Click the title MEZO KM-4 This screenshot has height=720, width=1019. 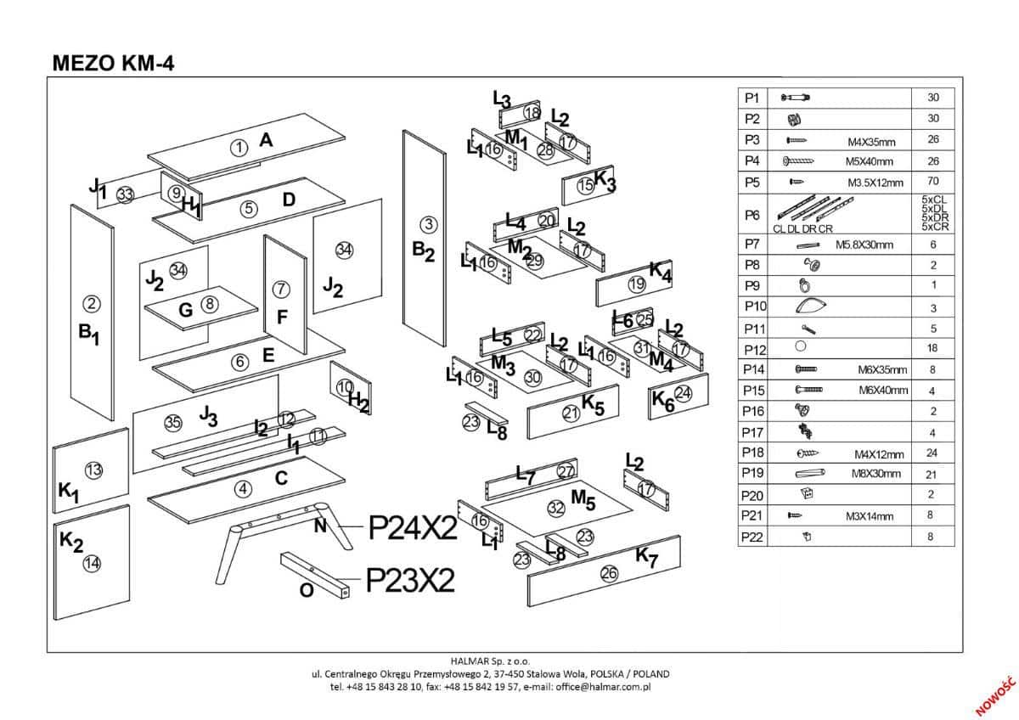(x=113, y=63)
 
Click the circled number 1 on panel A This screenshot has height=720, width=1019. (x=239, y=148)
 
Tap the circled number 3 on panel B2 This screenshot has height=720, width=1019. (x=429, y=224)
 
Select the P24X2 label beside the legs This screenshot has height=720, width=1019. (x=413, y=528)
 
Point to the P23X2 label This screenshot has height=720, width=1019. (x=410, y=581)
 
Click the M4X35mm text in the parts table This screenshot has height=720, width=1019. (x=871, y=143)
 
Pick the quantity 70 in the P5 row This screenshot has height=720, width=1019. (x=933, y=181)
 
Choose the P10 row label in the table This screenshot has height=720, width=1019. (x=755, y=307)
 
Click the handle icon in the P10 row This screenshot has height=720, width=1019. (x=811, y=307)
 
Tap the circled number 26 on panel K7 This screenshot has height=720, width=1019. (x=609, y=574)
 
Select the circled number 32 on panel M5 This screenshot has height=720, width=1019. (x=556, y=508)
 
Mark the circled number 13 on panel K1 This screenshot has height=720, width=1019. (x=94, y=470)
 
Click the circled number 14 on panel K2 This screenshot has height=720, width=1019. (x=92, y=564)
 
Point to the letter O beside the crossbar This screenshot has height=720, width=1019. (x=307, y=590)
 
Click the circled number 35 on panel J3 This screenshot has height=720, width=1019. (x=173, y=423)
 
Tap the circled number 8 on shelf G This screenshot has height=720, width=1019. (x=210, y=303)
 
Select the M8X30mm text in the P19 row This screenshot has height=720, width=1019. (x=875, y=474)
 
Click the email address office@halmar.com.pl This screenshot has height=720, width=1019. (x=603, y=687)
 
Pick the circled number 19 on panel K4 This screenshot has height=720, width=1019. (x=637, y=284)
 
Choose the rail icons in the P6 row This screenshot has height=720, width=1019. (x=814, y=209)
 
